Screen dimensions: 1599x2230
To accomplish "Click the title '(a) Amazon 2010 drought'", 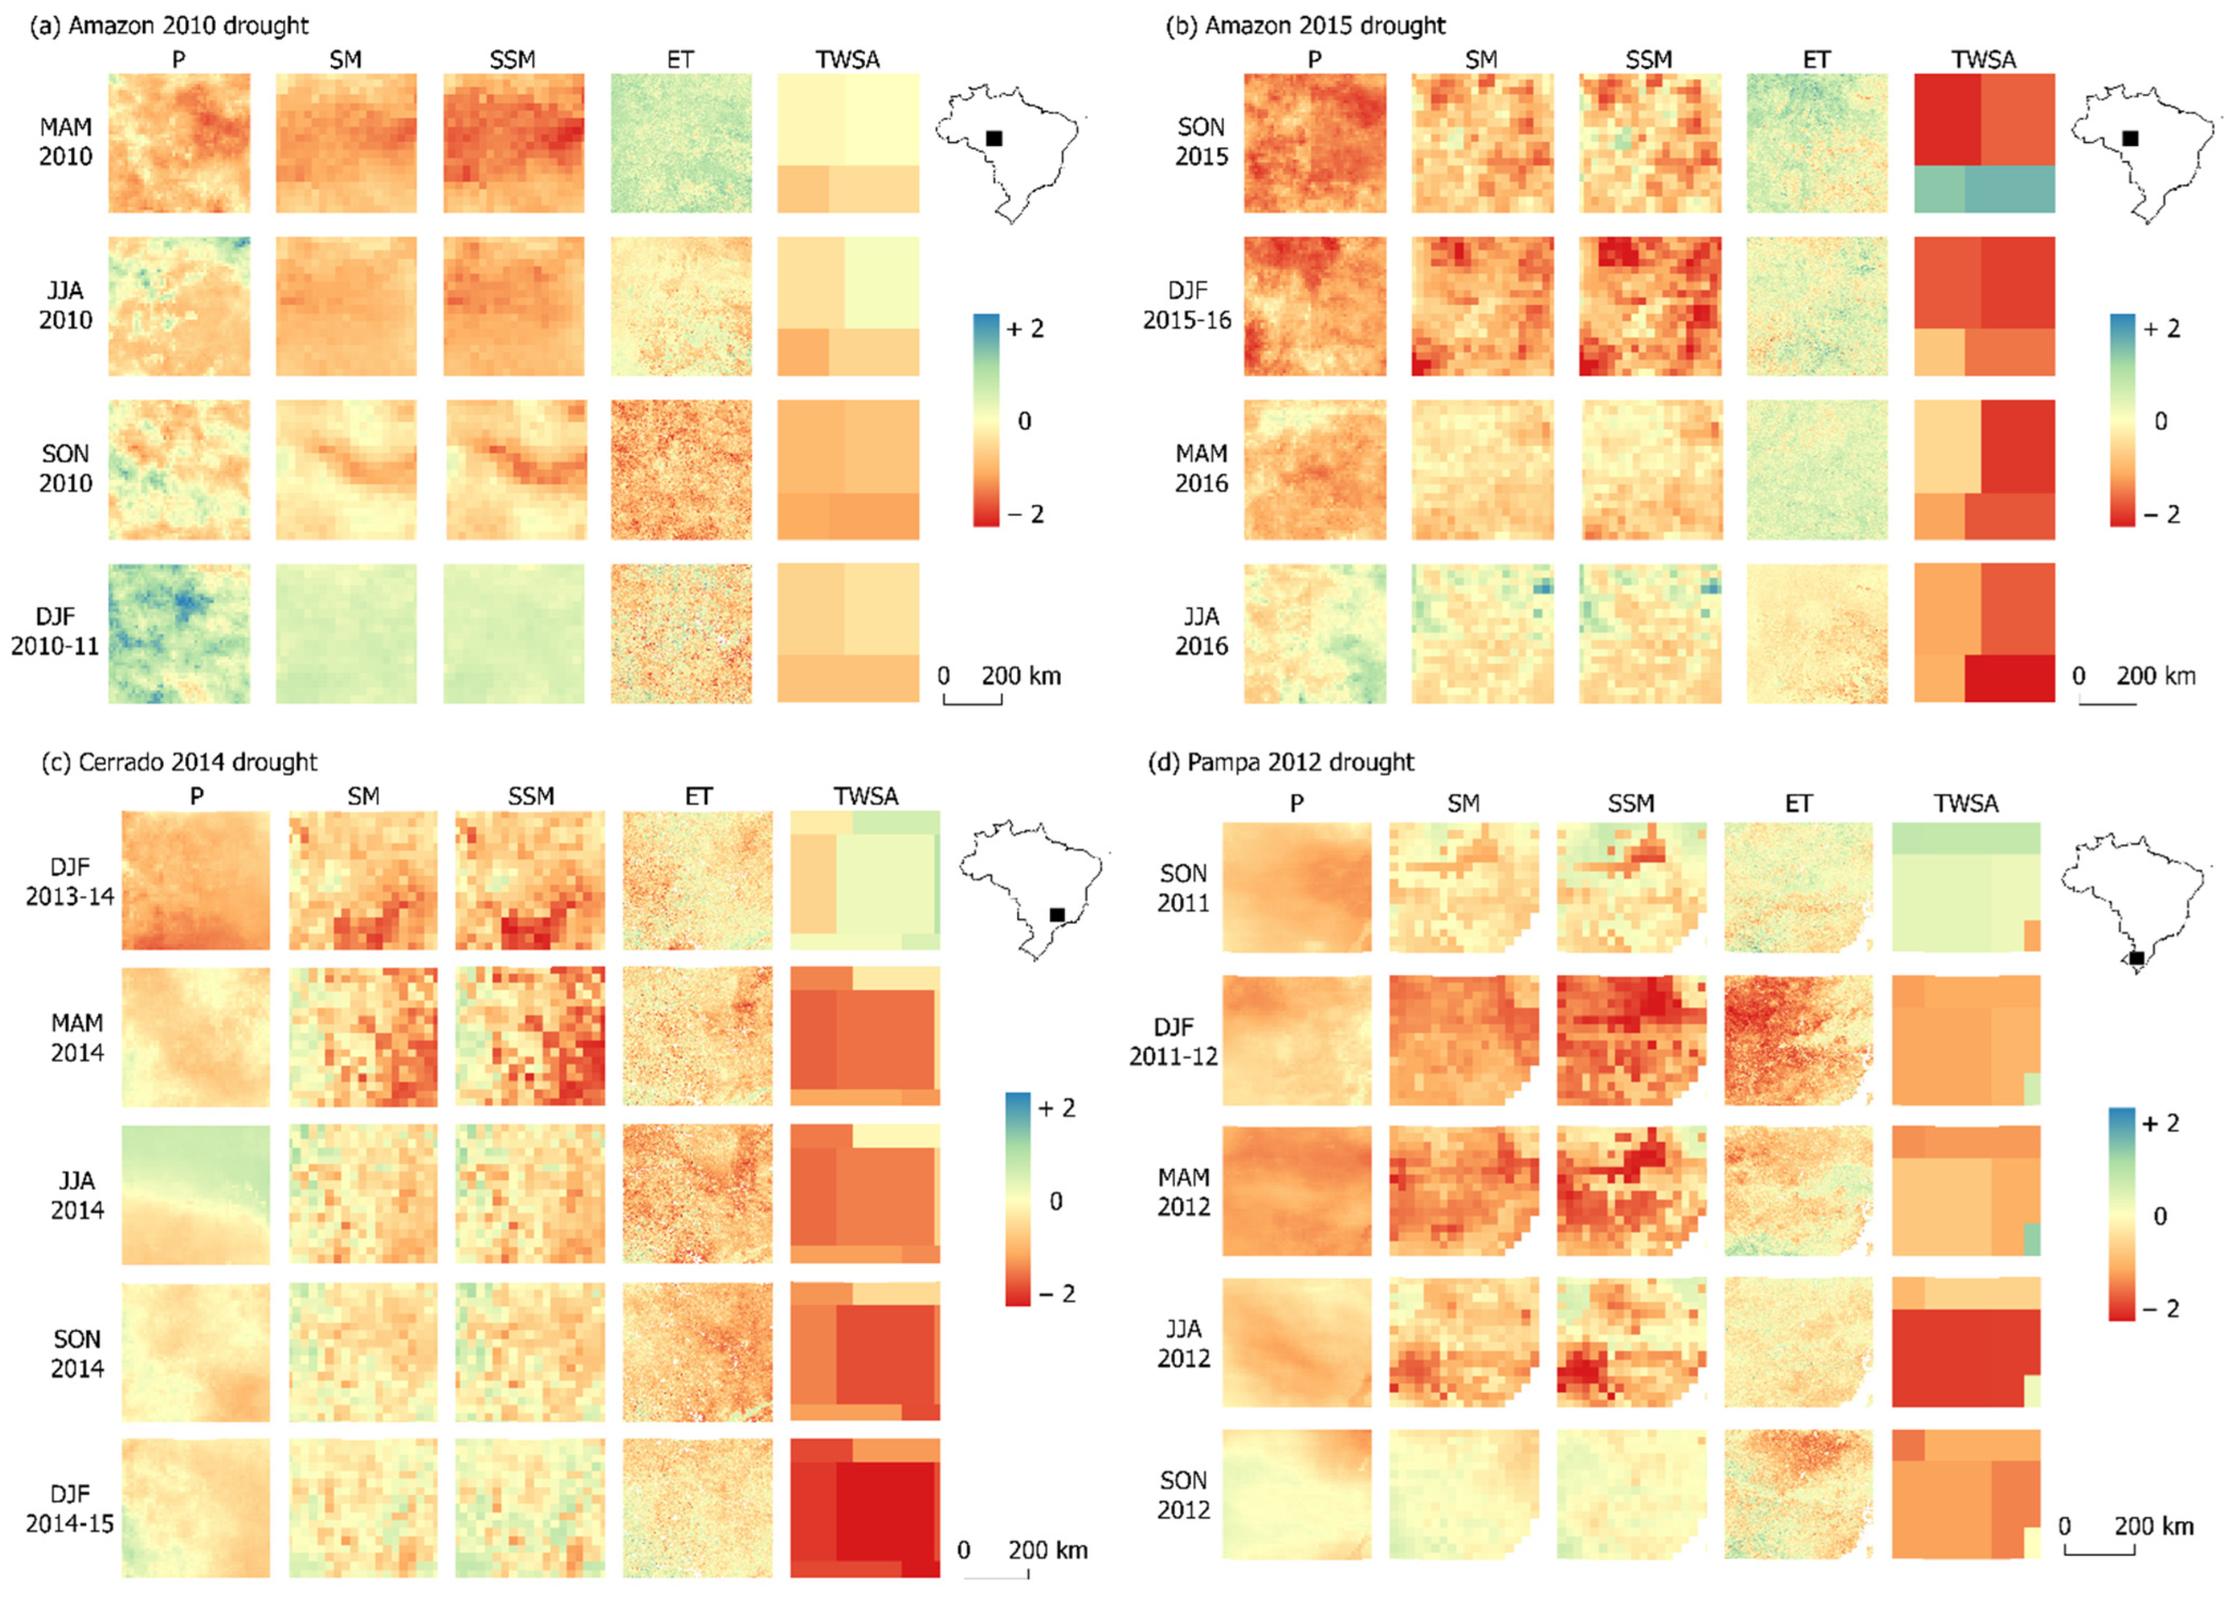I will tap(169, 25).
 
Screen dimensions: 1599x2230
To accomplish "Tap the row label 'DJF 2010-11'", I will tap(55, 631).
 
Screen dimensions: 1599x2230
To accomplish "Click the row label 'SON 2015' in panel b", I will tap(1201, 141).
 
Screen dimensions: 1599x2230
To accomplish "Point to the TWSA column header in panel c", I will tap(866, 796).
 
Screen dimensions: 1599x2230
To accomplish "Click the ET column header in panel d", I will tap(1798, 804).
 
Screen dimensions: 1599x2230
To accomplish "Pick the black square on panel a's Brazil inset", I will tap(994, 138).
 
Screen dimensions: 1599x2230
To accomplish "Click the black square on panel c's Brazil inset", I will tap(1057, 915).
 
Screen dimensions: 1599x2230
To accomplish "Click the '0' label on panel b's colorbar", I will tap(2160, 421).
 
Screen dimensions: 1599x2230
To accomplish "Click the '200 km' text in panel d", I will tap(2153, 1527).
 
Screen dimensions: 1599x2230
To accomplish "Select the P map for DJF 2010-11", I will tap(179, 633).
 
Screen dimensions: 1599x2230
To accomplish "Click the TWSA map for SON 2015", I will tap(1984, 143).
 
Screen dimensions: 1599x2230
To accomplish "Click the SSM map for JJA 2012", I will tap(1631, 1342).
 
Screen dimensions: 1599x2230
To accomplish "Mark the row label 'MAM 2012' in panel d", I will tap(1183, 1192).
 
